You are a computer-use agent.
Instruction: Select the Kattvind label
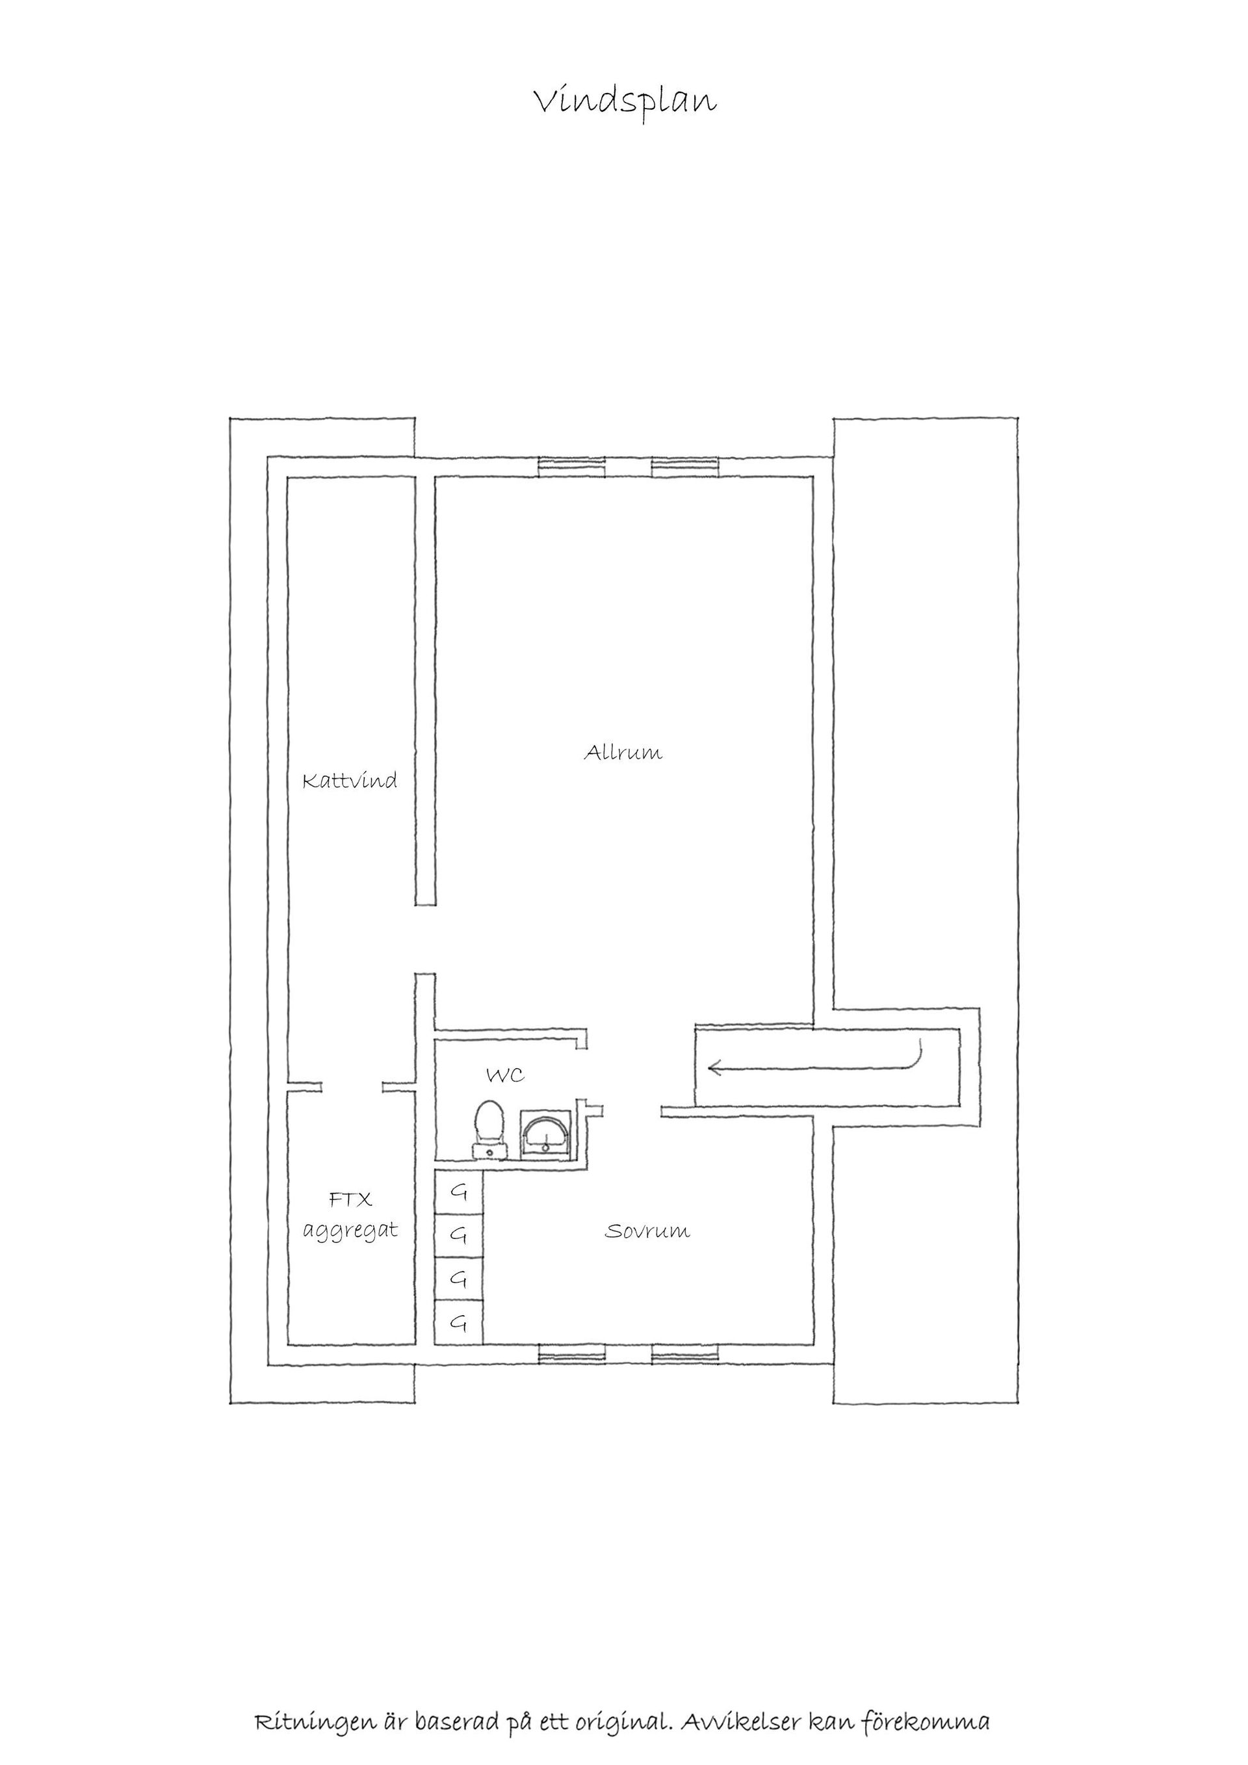click(x=350, y=781)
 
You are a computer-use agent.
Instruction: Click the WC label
click(x=505, y=1075)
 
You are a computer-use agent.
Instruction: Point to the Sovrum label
click(x=647, y=1231)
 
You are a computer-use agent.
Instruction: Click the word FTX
click(x=350, y=1199)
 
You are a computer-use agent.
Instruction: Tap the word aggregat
click(x=350, y=1231)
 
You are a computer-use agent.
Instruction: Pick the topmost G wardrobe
click(x=459, y=1192)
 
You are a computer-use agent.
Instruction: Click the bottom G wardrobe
click(x=459, y=1323)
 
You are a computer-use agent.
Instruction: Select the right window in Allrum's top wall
click(x=686, y=467)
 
